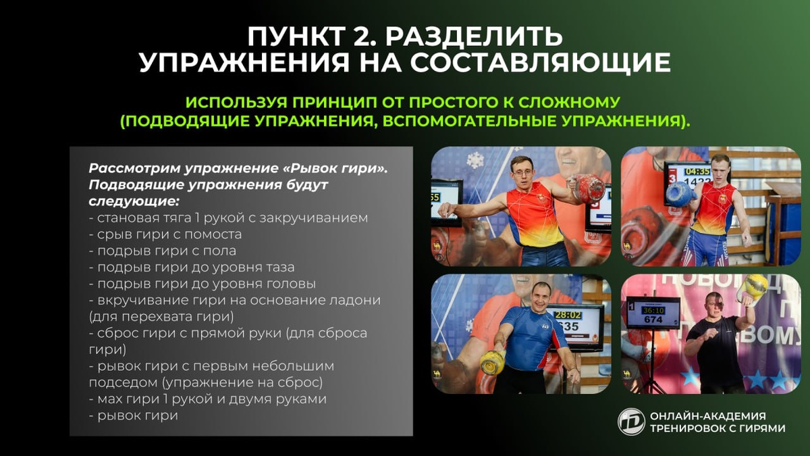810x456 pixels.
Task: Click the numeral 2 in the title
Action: pos(364,36)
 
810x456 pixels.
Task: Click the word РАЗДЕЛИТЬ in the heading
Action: pos(474,37)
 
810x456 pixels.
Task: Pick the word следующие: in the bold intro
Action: pos(134,201)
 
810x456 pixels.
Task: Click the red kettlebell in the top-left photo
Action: pos(587,188)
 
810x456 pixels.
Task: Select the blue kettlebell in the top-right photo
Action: pos(680,195)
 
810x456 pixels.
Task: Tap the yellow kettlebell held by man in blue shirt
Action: pos(493,362)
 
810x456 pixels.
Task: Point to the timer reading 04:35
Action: pos(697,171)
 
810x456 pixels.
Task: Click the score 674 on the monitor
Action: pos(653,320)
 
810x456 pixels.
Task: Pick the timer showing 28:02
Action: pos(568,315)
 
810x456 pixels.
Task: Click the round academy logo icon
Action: pos(631,422)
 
